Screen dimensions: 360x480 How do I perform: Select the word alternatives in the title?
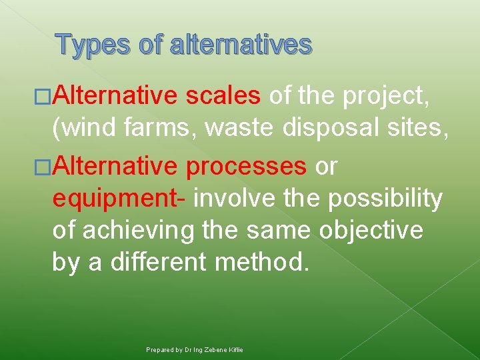tap(241, 45)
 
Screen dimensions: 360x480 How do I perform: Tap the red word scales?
tap(223, 97)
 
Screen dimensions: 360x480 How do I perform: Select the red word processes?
tap(246, 167)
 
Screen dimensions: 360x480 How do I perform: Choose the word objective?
tap(371, 231)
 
